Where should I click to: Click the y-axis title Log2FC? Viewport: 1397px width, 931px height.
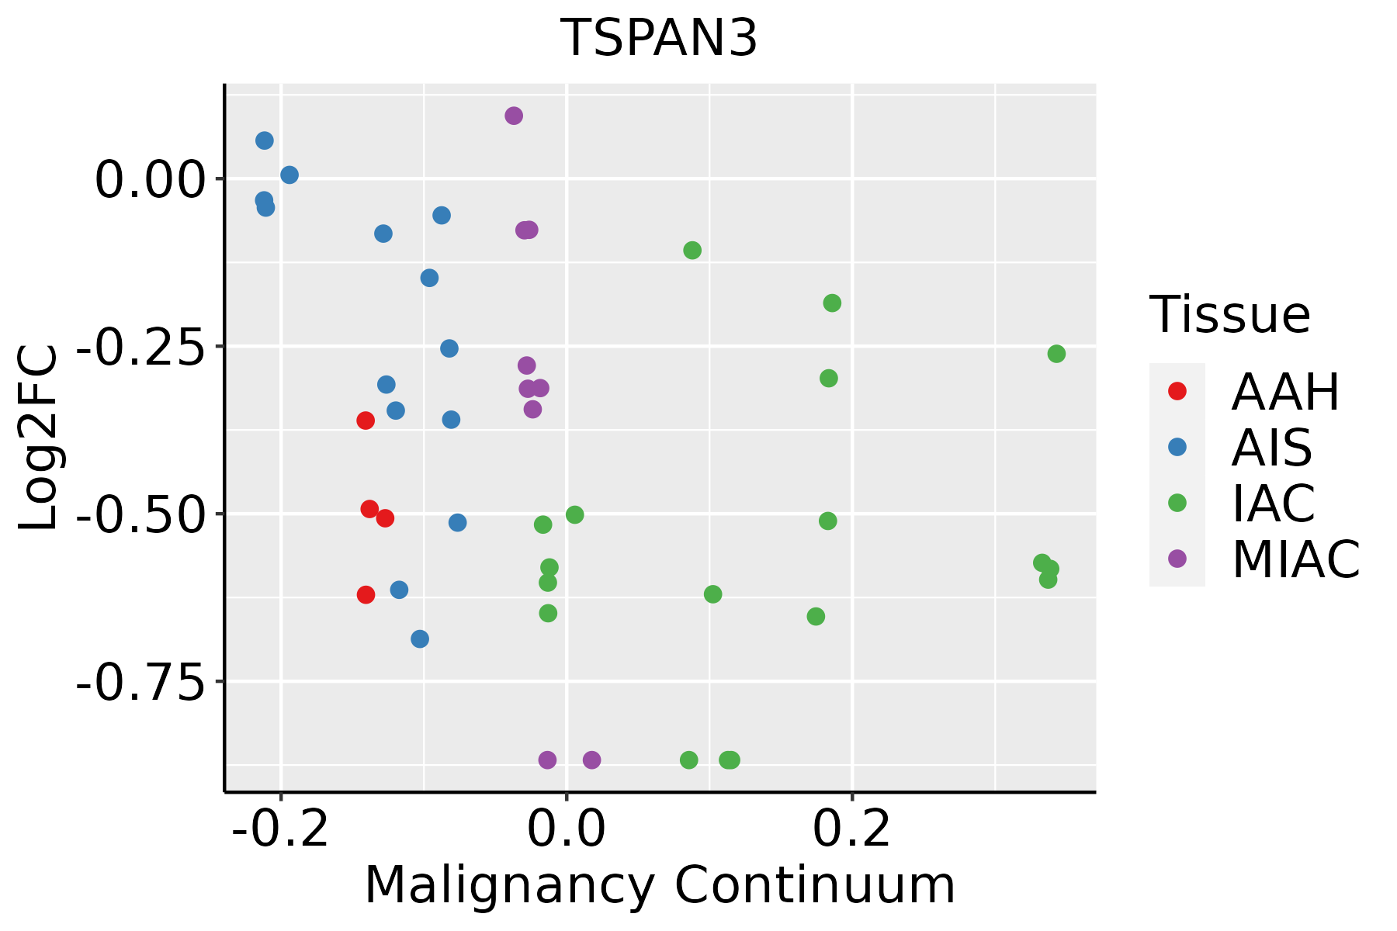pos(39,438)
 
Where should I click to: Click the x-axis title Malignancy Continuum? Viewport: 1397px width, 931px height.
pos(660,885)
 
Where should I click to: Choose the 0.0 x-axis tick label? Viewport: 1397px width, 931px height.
pos(567,830)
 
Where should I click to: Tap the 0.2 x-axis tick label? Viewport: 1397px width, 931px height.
pos(852,830)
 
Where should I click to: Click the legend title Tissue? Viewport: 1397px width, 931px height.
pos(1230,315)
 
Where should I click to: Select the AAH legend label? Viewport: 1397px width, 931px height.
pos(1285,392)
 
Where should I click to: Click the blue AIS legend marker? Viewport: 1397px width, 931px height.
pos(1177,447)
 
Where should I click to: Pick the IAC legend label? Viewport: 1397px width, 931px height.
pos(1274,503)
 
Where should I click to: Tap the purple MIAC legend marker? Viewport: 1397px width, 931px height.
pos(1177,559)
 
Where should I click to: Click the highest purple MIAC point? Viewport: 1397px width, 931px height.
pos(514,116)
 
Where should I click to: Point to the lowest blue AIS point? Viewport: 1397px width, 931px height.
pos(420,639)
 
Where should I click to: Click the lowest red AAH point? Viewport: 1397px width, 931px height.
pos(366,595)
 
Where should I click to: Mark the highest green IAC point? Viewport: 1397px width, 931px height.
pos(692,250)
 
